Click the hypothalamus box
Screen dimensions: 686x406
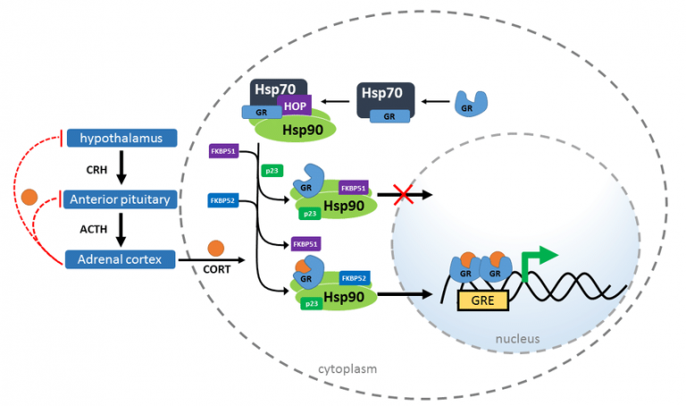(121, 138)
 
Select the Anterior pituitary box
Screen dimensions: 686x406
(120, 199)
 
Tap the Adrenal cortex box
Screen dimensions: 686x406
(120, 259)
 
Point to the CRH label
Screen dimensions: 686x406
(96, 170)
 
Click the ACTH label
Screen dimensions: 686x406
(94, 229)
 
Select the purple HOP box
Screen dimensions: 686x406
(295, 106)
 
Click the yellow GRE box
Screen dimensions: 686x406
(482, 300)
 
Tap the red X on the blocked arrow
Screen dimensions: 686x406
(403, 194)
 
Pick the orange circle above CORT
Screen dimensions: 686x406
(215, 249)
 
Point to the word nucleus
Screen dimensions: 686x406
(517, 339)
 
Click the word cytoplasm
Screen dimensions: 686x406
(347, 368)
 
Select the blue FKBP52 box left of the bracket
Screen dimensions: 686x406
(222, 200)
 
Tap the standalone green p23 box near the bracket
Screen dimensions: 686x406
(272, 171)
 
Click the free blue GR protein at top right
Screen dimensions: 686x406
(472, 104)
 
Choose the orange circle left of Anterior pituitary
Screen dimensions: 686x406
(29, 197)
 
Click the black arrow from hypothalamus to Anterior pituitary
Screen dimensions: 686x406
(121, 167)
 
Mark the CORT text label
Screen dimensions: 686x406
(216, 269)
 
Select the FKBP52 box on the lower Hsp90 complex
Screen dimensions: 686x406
(354, 278)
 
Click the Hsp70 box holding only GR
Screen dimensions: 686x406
(386, 101)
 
